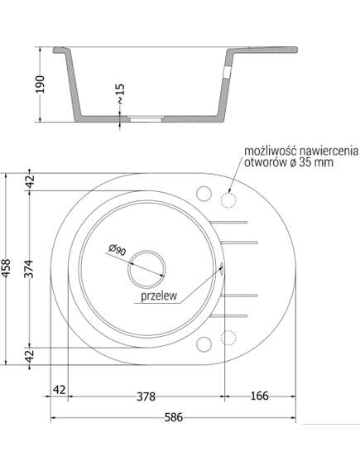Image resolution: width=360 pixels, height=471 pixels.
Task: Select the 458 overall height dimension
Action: (10, 268)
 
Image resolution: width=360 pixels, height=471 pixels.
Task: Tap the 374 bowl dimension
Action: (30, 268)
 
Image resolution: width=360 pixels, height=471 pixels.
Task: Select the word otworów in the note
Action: (266, 163)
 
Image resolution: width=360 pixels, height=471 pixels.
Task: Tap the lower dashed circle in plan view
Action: (228, 337)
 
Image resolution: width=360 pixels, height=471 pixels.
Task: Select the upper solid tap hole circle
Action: (204, 192)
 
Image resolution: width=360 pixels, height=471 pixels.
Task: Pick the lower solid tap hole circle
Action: (204, 345)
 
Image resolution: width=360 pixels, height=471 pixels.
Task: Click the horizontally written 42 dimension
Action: (58, 389)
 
